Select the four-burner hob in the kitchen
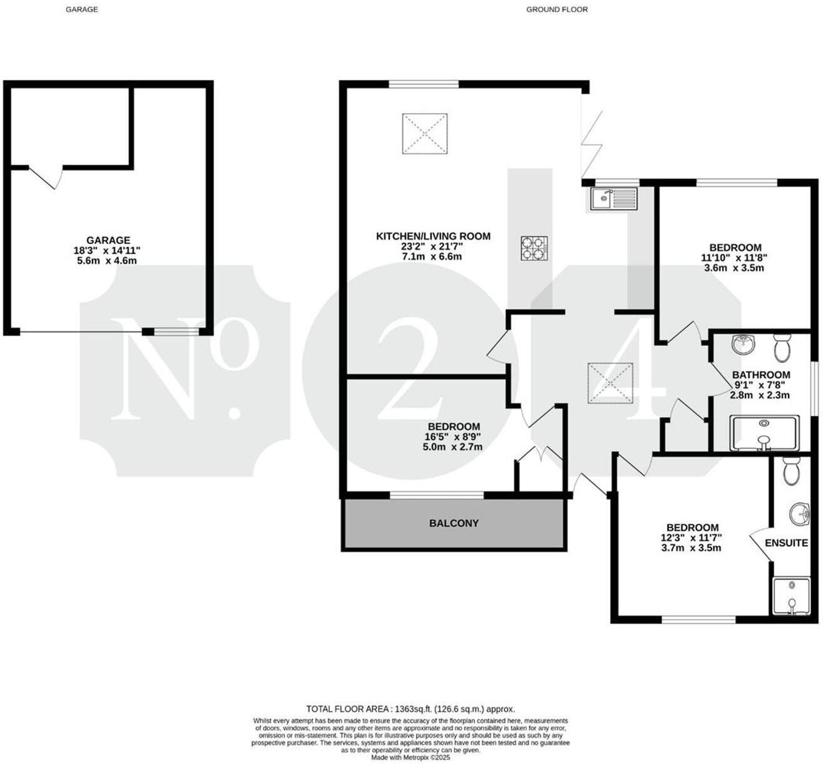tap(534, 248)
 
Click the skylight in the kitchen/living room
tap(425, 133)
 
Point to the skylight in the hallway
tap(610, 383)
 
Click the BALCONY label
tap(454, 523)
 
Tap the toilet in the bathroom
tap(782, 347)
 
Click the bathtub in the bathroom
tap(765, 433)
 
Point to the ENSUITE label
tap(787, 542)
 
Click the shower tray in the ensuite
tap(792, 596)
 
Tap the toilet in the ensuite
tap(791, 471)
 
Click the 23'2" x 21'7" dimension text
tap(433, 247)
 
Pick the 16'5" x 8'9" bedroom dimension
tap(452, 437)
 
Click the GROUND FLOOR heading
tap(557, 9)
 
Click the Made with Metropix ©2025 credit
tap(410, 758)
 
